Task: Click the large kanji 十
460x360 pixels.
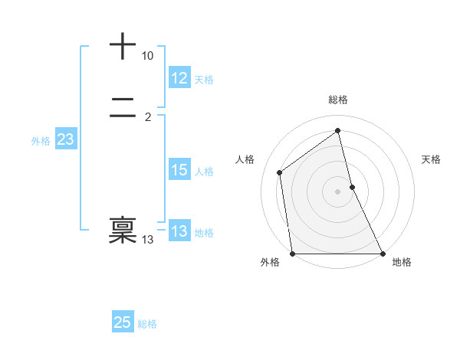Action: (x=123, y=47)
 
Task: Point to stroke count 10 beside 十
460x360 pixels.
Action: (x=147, y=56)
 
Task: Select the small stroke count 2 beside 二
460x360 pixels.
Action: (x=148, y=117)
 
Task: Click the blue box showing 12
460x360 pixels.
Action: (x=179, y=78)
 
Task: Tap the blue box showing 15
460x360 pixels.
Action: (x=179, y=170)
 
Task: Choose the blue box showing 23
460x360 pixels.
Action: (x=65, y=139)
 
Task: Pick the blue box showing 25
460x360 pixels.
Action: (x=123, y=322)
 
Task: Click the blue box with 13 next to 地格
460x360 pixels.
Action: (x=179, y=231)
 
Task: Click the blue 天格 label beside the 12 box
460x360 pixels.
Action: (x=204, y=80)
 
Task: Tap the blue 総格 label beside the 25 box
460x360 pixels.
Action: (x=147, y=324)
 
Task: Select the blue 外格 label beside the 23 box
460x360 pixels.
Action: (x=41, y=141)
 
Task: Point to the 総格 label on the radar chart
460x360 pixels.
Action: (x=338, y=100)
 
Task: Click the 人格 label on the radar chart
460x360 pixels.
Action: (x=245, y=159)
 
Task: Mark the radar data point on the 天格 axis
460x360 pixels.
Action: (x=352, y=187)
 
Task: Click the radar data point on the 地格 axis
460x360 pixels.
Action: (x=383, y=254)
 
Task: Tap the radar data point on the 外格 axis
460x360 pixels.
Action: (x=293, y=254)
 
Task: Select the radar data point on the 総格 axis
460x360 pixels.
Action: (x=338, y=131)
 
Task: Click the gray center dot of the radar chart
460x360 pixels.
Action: (x=338, y=191)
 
